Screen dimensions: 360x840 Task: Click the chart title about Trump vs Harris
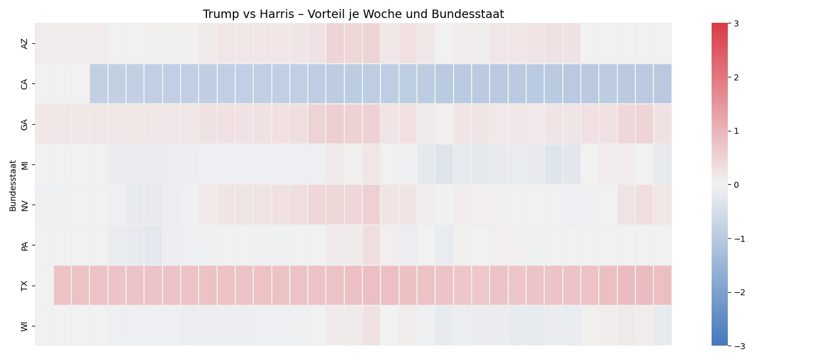[353, 14]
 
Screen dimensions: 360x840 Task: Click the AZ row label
[25, 43]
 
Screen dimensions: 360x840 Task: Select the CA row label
[25, 84]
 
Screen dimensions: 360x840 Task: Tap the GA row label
[25, 124]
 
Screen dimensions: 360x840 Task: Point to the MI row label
[25, 164]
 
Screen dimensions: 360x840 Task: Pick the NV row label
[25, 205]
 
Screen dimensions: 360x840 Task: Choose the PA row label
[25, 245]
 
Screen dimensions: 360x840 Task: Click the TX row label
[25, 286]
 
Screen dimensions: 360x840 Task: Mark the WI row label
[25, 326]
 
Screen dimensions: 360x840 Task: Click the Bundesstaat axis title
[13, 185]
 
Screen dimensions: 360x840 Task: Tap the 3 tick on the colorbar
[736, 23]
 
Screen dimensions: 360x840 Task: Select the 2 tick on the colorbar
[736, 77]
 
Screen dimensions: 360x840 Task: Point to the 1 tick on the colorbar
[736, 131]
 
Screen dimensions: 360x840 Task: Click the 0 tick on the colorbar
[736, 185]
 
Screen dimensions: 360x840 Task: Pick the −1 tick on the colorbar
[739, 239]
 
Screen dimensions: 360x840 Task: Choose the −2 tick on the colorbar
[739, 292]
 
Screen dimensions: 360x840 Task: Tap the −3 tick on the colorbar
[739, 346]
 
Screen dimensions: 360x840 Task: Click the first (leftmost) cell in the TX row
[44, 286]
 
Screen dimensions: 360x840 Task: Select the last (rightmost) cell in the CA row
[662, 84]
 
